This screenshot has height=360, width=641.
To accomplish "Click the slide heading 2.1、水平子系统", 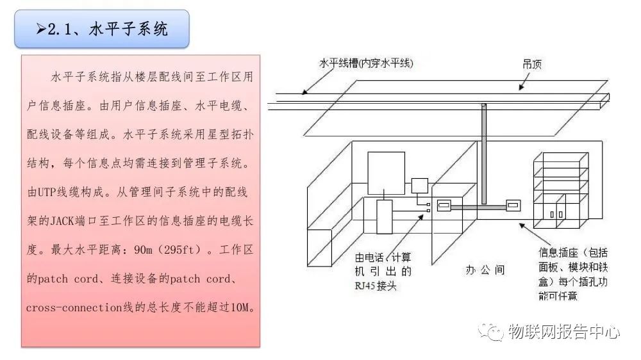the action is (102, 29).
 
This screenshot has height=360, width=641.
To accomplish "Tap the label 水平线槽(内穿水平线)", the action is (366, 63).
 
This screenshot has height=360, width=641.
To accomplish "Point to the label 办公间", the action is (485, 270).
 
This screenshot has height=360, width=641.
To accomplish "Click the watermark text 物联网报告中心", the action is (563, 332).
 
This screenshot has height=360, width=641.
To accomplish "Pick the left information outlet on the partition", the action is (444, 206).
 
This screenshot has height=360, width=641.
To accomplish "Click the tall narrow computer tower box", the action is (384, 217).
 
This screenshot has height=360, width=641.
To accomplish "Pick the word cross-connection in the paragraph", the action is (74, 307).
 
